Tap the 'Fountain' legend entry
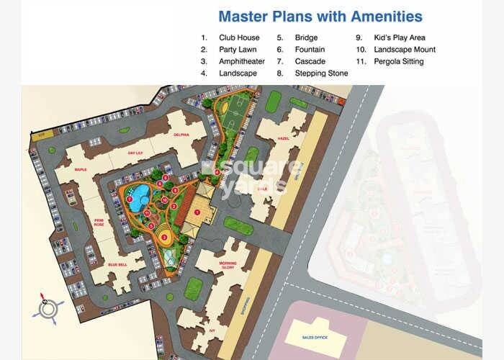click(x=309, y=50)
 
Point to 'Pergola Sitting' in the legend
click(x=398, y=61)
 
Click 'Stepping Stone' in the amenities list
click(x=321, y=73)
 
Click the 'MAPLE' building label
click(x=80, y=170)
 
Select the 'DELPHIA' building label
click(x=181, y=135)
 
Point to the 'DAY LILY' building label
click(x=137, y=153)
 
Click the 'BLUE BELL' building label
click(x=117, y=264)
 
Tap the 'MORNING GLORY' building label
click(x=228, y=266)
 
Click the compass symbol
click(x=48, y=307)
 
